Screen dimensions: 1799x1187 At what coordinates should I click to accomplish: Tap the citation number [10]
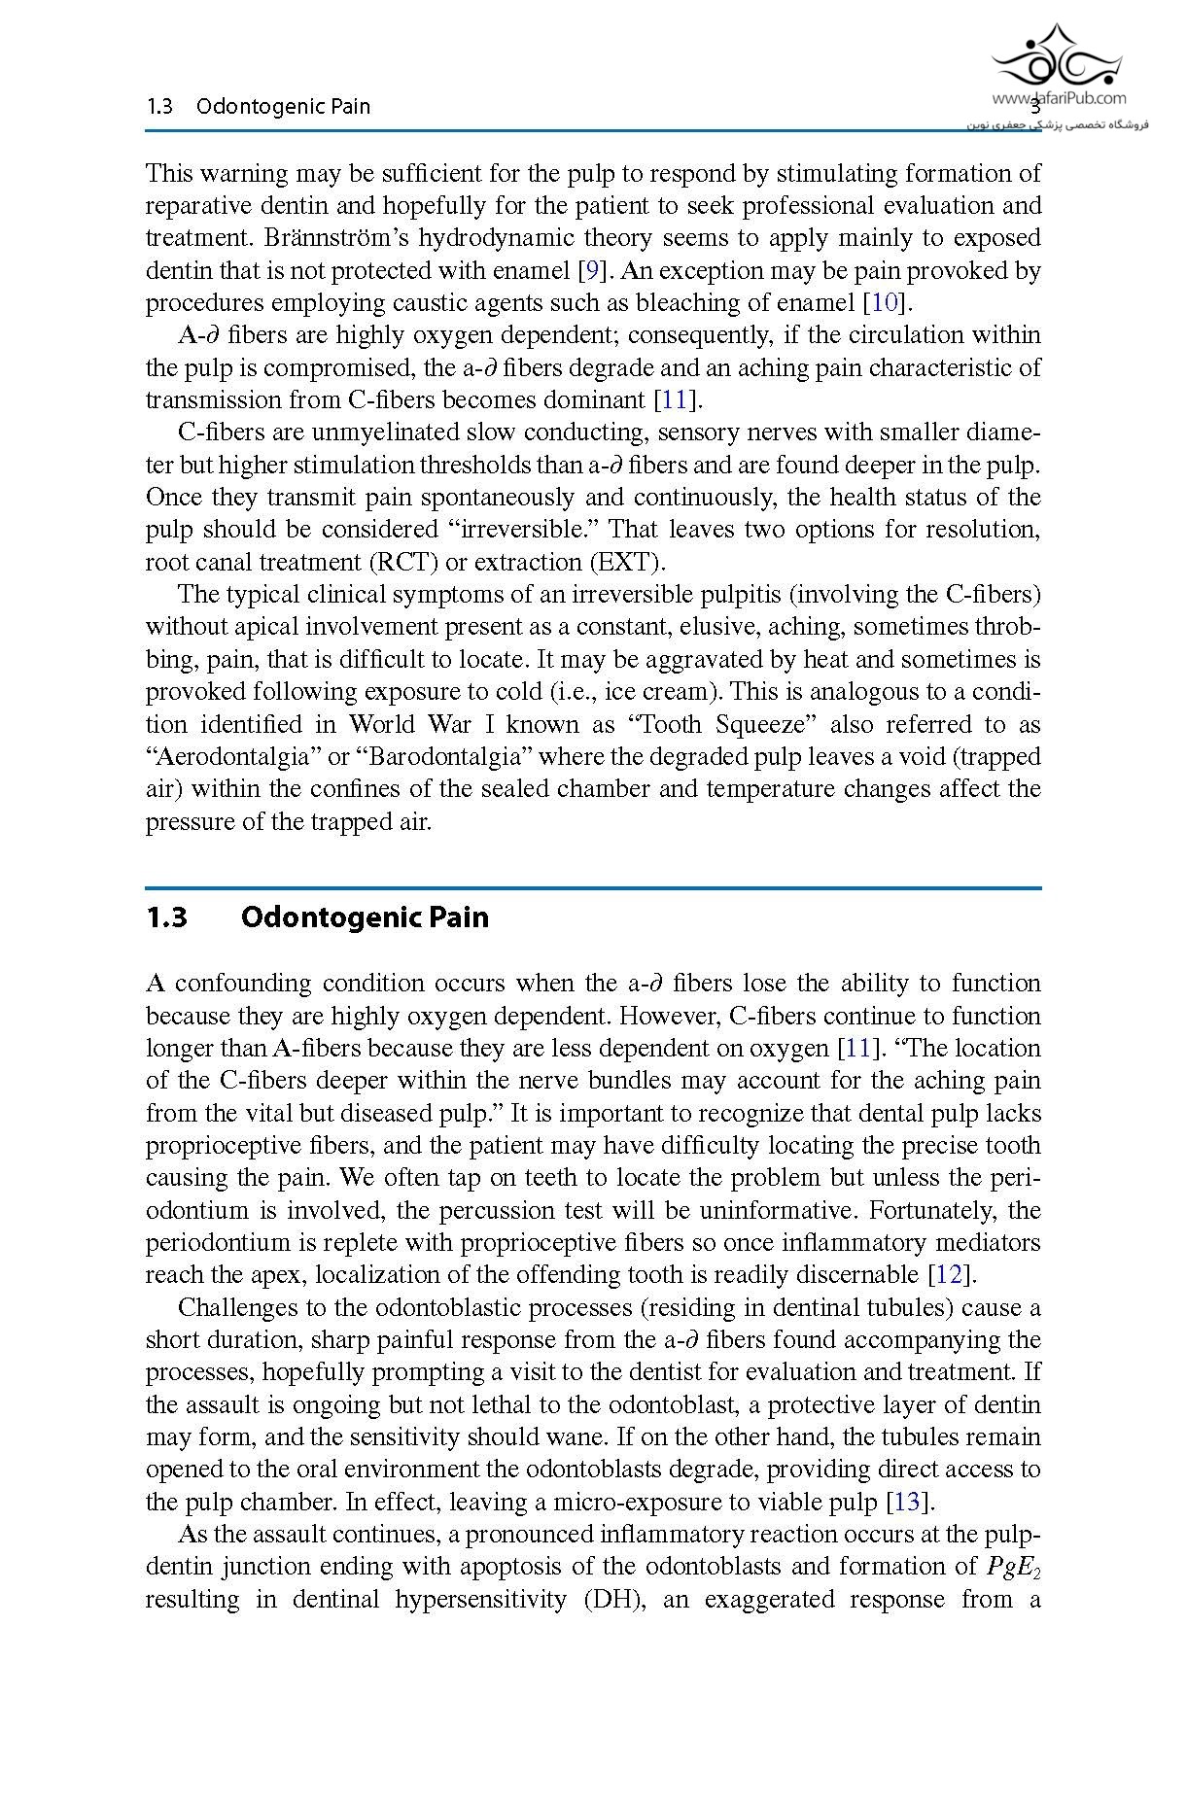pos(885,302)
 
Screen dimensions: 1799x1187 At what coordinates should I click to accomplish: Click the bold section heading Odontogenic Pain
pos(365,917)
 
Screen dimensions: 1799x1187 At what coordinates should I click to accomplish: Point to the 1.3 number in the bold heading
pos(166,917)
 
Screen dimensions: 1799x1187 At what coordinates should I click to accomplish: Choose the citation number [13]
pos(910,1502)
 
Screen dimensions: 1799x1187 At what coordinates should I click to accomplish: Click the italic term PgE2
pos(1014,1567)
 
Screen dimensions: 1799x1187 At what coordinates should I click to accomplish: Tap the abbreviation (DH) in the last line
pos(615,1599)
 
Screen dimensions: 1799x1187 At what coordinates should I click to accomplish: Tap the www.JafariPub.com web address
pos(1059,98)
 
